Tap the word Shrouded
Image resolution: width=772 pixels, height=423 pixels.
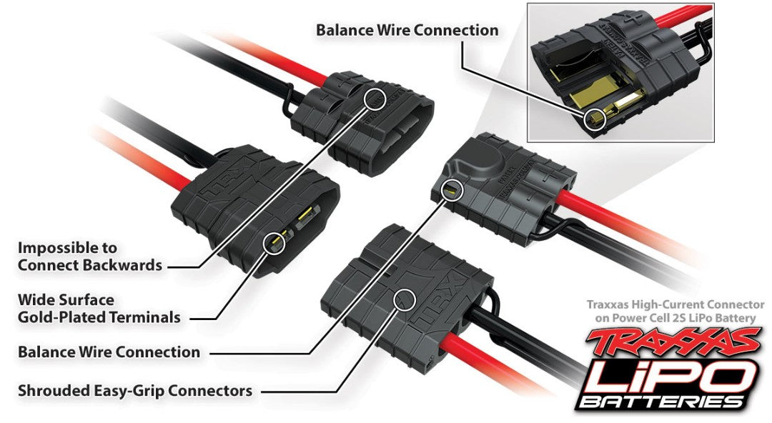point(52,391)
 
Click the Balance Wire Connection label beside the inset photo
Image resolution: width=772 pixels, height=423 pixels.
point(407,30)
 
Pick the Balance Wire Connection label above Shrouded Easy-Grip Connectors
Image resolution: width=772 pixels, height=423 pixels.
point(109,352)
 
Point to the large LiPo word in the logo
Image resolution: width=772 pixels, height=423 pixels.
point(668,375)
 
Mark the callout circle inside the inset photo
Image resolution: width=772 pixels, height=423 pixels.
point(595,119)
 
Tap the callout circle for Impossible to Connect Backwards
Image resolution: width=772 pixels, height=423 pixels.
point(375,97)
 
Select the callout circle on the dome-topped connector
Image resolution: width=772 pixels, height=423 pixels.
point(452,189)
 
